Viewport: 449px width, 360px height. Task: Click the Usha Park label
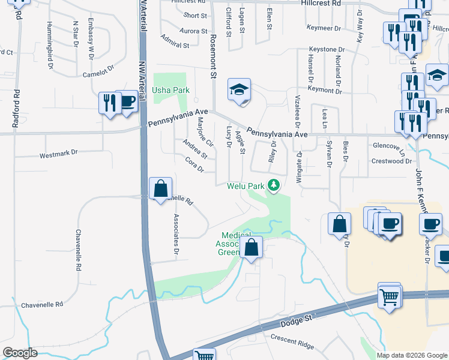click(170, 90)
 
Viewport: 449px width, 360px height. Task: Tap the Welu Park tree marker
click(274, 185)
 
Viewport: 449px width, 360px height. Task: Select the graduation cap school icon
click(239, 91)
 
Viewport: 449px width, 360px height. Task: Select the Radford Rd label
click(16, 109)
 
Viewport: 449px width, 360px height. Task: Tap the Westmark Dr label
click(59, 154)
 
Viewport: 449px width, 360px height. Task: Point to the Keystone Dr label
click(327, 49)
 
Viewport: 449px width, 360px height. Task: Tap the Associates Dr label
click(176, 235)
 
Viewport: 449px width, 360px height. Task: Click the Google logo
click(20, 353)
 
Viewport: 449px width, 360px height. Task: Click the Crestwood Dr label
click(388, 161)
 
